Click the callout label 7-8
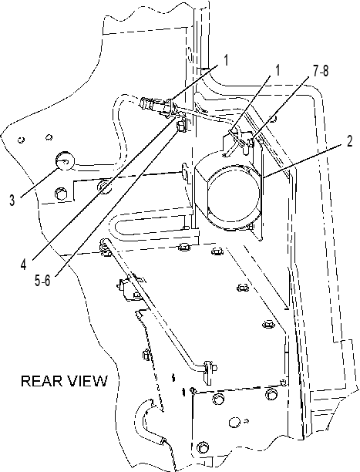[x=321, y=72]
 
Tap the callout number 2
[x=349, y=141]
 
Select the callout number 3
[x=12, y=201]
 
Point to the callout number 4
[x=23, y=265]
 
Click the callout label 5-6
[x=42, y=281]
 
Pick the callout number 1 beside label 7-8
[x=278, y=70]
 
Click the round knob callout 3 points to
[x=65, y=160]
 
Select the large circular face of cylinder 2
[x=234, y=195]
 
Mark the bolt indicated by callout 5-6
[x=181, y=125]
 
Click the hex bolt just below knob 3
[x=61, y=194]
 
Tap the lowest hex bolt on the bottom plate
[x=203, y=448]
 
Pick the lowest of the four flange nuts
[x=267, y=325]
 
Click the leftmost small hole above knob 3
[x=21, y=140]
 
